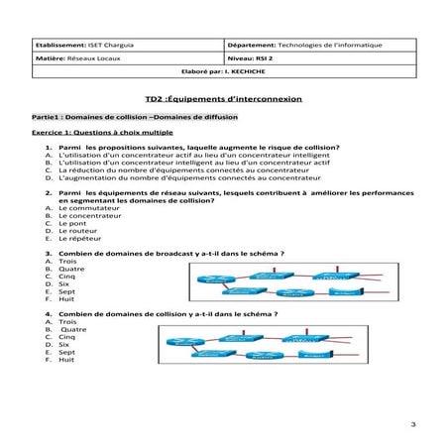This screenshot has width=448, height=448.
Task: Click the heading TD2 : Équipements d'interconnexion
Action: [x=224, y=101]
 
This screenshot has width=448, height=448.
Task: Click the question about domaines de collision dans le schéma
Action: [x=168, y=314]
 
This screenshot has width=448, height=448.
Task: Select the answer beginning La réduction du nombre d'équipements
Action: [x=158, y=170]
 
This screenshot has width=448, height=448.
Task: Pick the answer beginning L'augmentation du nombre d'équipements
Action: [x=163, y=178]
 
